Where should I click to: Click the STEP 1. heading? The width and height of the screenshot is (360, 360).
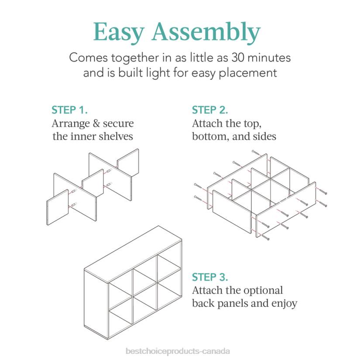(x=69, y=110)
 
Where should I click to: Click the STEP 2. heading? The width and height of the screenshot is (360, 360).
(x=210, y=110)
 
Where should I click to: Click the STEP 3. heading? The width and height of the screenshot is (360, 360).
(x=210, y=277)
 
